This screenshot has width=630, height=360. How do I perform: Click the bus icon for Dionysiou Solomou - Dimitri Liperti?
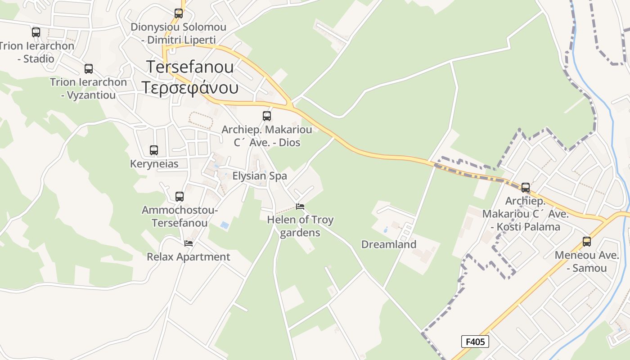[179, 13]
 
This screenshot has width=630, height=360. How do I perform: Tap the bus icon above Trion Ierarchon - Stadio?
[36, 32]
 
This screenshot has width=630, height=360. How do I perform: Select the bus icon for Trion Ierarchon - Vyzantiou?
[89, 69]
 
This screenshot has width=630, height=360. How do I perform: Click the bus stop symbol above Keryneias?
[154, 150]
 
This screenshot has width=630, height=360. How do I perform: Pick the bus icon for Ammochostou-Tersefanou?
[180, 197]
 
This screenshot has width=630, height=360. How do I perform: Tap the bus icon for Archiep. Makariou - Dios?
[267, 116]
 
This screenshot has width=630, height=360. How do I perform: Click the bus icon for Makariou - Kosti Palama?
[525, 188]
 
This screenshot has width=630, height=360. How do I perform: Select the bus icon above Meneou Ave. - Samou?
[587, 242]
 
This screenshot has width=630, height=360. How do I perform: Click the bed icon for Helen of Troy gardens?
[300, 207]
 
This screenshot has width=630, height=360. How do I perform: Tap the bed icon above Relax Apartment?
[189, 243]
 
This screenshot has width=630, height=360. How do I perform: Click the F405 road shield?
[475, 342]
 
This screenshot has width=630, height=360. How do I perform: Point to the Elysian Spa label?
[260, 176]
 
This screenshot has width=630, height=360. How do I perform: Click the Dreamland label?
[389, 244]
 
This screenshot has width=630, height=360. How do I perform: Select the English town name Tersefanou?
[190, 67]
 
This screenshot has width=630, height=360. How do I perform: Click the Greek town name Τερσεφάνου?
[190, 87]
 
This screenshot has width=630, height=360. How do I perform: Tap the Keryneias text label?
[154, 164]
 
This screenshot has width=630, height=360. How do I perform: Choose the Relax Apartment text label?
[189, 257]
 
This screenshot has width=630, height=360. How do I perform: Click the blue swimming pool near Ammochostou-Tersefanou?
[224, 224]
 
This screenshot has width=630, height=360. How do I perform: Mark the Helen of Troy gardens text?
[300, 226]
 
